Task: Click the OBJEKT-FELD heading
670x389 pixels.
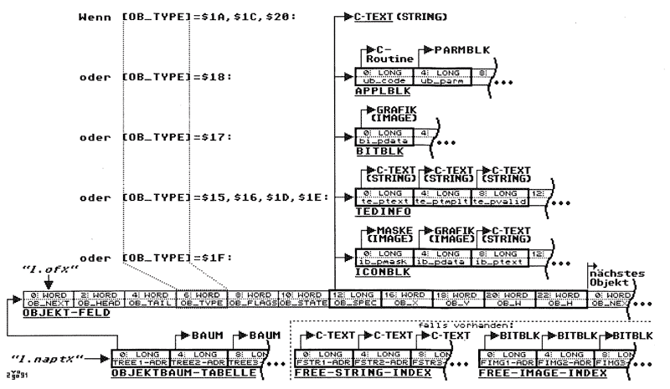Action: coord(55,313)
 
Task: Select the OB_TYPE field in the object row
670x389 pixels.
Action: coord(200,300)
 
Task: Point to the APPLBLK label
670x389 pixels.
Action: coord(377,95)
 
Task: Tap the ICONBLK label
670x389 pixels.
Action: coord(378,270)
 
